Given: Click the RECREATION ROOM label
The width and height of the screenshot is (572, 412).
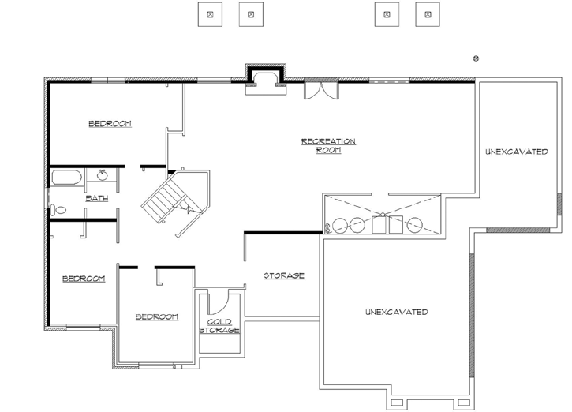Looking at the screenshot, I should pyautogui.click(x=328, y=145).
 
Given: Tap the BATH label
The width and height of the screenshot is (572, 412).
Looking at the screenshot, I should pyautogui.click(x=96, y=198).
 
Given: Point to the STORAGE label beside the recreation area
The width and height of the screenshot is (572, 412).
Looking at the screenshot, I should pyautogui.click(x=284, y=275).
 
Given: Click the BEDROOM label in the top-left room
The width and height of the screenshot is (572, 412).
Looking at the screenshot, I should pyautogui.click(x=110, y=124).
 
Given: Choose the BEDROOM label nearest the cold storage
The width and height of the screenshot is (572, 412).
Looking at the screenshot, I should pyautogui.click(x=156, y=316).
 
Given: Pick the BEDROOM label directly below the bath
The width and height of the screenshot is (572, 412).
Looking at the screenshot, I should pyautogui.click(x=84, y=279).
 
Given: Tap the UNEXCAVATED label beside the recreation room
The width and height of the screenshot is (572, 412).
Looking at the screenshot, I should pyautogui.click(x=516, y=152).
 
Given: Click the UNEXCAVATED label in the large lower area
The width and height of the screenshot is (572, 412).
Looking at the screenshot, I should pyautogui.click(x=396, y=312).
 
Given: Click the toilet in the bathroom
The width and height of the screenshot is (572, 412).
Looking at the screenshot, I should pyautogui.click(x=58, y=210).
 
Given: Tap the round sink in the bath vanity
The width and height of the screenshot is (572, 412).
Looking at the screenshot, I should pyautogui.click(x=102, y=174).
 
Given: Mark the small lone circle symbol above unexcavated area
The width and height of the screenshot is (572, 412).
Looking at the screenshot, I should pyautogui.click(x=476, y=57).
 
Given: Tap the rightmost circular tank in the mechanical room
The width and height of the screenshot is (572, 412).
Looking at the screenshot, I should pyautogui.click(x=414, y=225).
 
